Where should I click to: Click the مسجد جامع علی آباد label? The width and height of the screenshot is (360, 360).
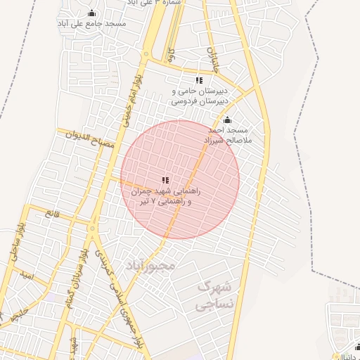point(92,24)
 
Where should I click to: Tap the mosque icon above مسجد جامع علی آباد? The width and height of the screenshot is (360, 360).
point(91,13)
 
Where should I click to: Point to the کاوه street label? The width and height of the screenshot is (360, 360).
point(171,54)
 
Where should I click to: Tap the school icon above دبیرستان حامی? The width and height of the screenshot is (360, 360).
point(199,80)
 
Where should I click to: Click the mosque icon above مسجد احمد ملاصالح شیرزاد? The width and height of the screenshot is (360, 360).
point(226,120)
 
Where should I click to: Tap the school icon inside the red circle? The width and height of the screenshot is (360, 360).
point(165,180)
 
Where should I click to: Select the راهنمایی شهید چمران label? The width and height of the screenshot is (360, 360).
point(165,191)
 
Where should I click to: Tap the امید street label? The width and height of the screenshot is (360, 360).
point(27,277)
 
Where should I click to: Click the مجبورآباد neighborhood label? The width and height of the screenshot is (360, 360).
point(149,266)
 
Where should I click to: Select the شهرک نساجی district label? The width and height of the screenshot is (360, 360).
point(212,295)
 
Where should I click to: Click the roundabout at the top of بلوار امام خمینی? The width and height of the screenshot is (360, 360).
point(148,53)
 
